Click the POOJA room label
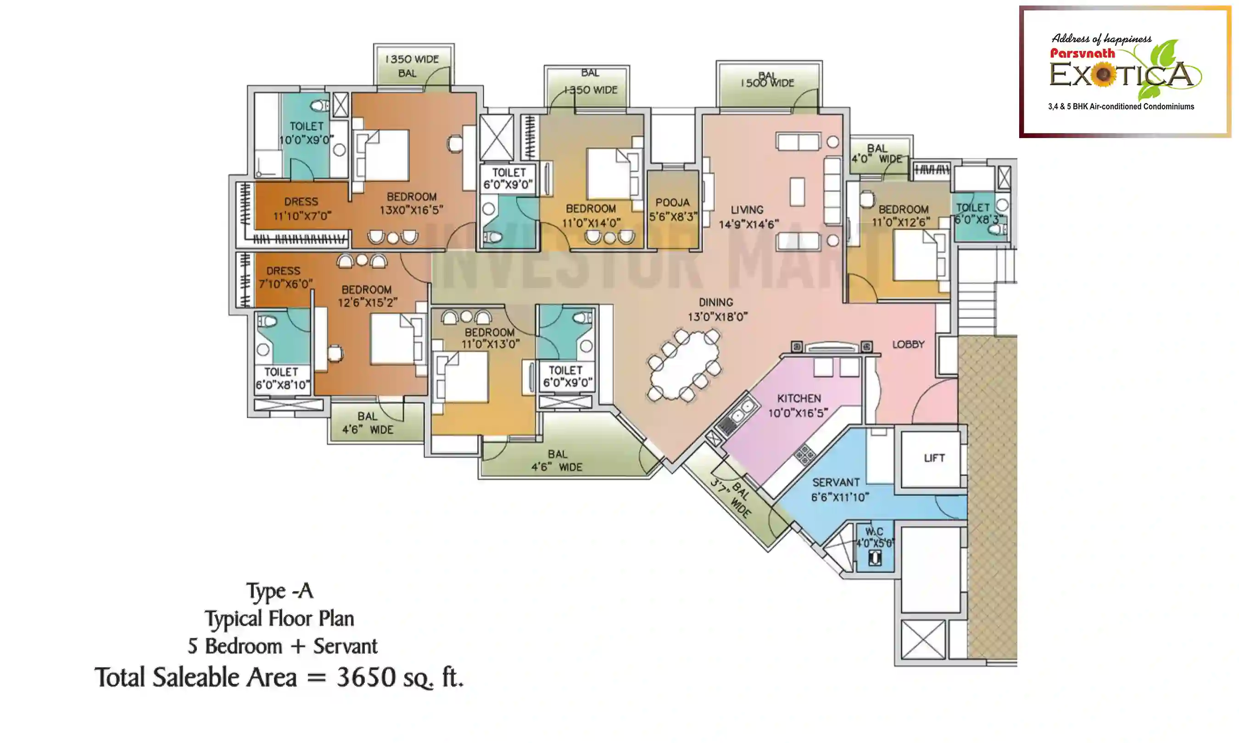[673, 209]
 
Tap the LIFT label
[934, 458]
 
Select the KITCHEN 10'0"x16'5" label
[798, 405]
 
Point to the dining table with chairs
[685, 366]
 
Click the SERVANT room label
[839, 489]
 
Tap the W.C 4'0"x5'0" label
[874, 537]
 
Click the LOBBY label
[908, 344]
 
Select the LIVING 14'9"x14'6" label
[748, 217]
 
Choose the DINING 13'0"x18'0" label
[717, 310]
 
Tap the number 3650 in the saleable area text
[366, 677]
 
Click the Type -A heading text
[279, 591]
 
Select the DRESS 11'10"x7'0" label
[301, 209]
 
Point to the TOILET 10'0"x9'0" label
[306, 133]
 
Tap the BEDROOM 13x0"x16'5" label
[411, 203]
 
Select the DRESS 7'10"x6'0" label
[285, 277]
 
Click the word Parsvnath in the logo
[1082, 54]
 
